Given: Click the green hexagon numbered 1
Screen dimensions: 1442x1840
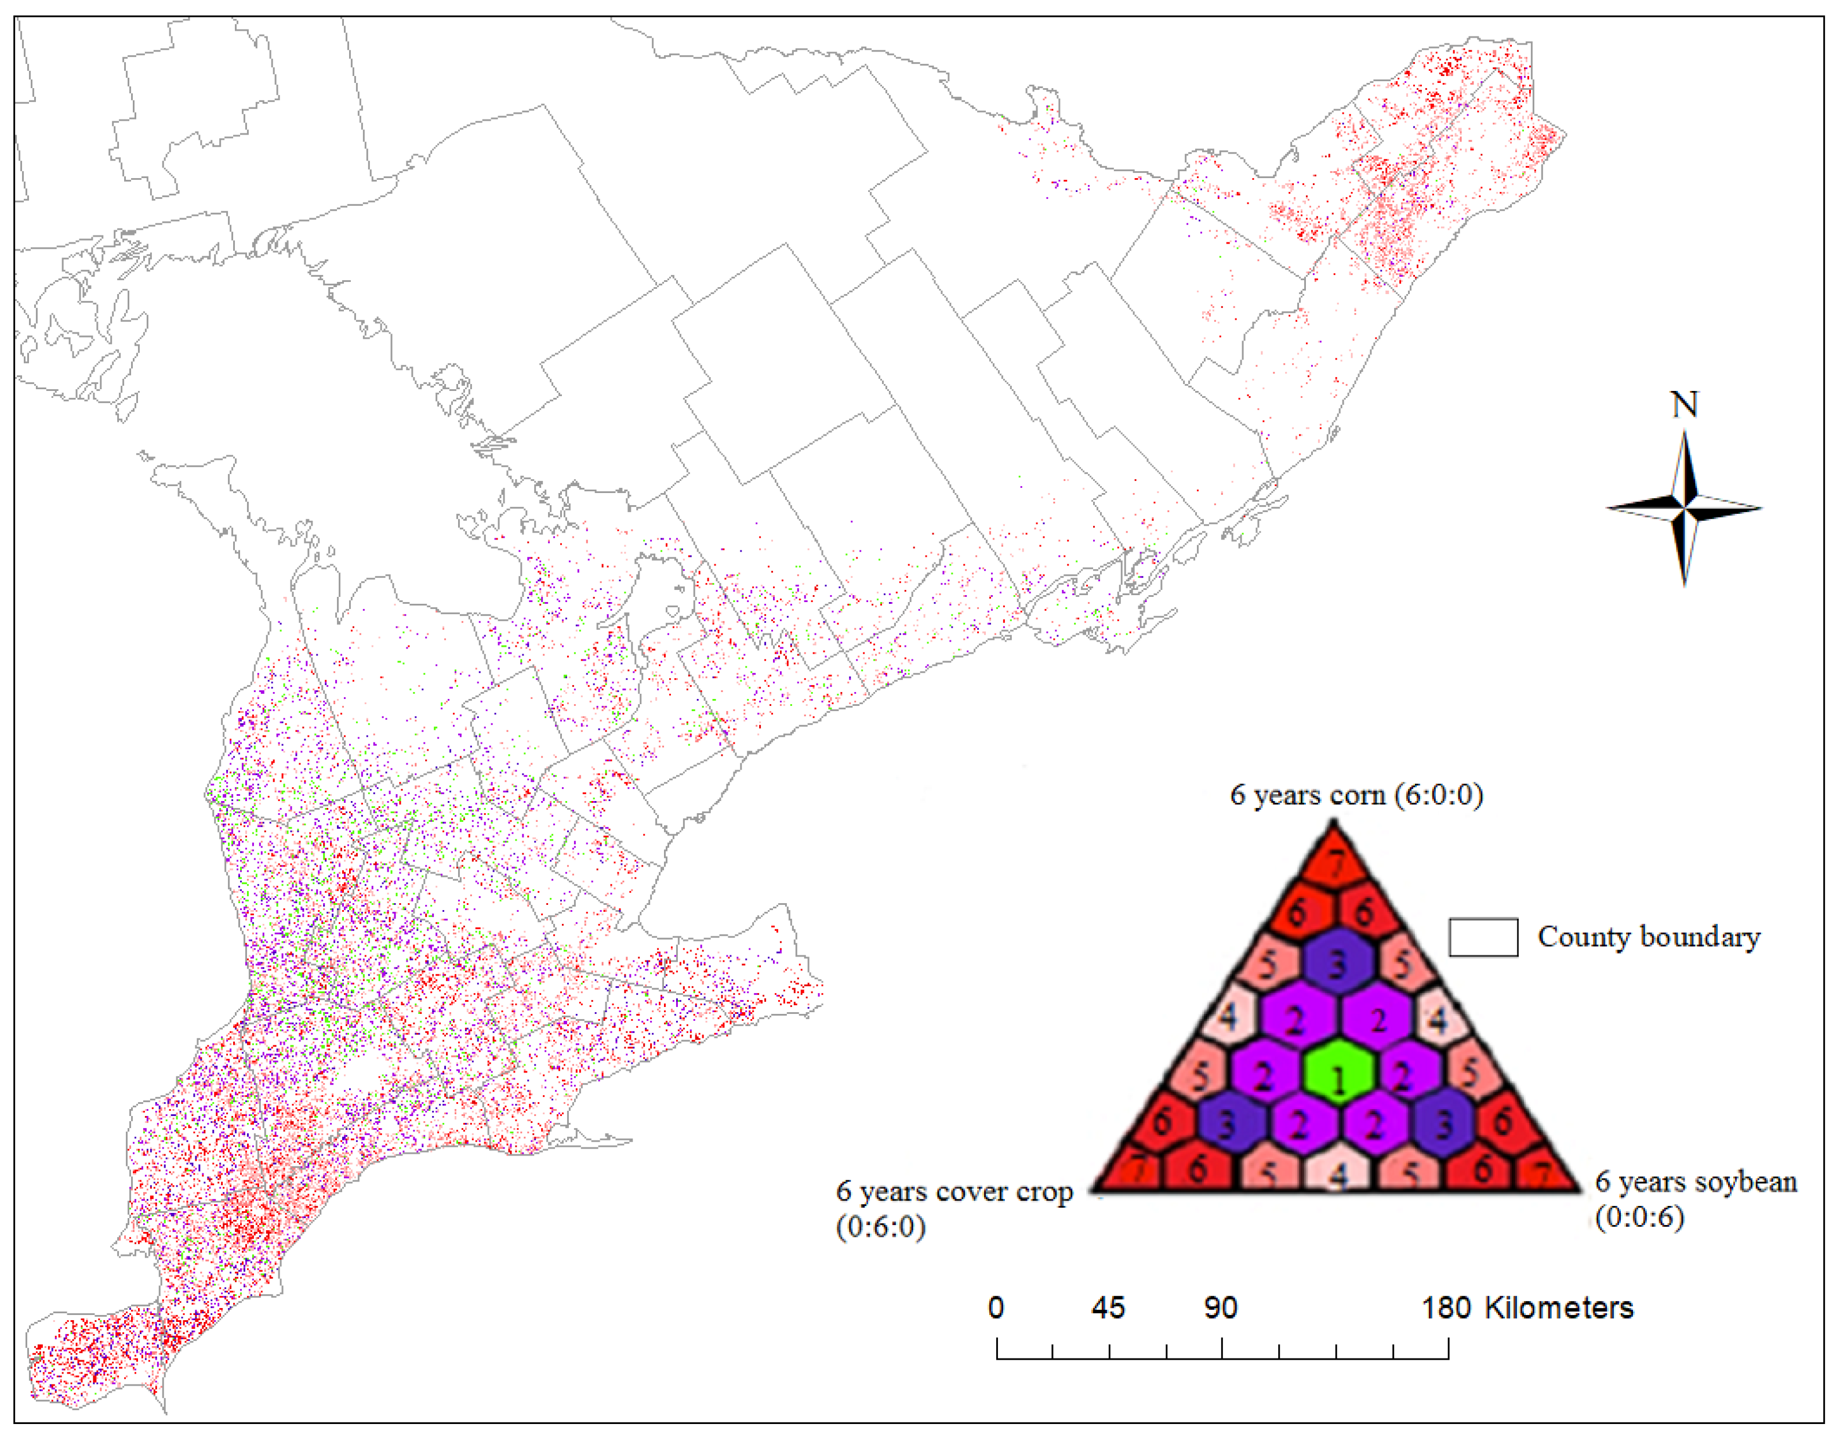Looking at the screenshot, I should pyautogui.click(x=1338, y=1075).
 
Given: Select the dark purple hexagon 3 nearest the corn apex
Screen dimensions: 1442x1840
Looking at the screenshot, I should pyautogui.click(x=1338, y=962).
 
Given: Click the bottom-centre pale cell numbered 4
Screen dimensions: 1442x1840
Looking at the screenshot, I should pyautogui.click(x=1338, y=1172).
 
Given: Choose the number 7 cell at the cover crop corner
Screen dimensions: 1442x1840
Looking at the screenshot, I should pyautogui.click(x=1135, y=1170).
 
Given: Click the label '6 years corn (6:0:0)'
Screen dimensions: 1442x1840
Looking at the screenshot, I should pyautogui.click(x=1356, y=795).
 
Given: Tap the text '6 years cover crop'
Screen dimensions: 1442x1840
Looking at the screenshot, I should pyautogui.click(x=954, y=1191).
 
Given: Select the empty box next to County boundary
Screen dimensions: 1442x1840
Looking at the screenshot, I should pyautogui.click(x=1483, y=937).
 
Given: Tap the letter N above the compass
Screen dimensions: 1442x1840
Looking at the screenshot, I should pyautogui.click(x=1684, y=405).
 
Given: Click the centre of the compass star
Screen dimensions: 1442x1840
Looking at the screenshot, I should pyautogui.click(x=1684, y=508).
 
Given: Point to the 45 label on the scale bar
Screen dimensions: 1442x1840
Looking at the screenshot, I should pyautogui.click(x=1108, y=1308).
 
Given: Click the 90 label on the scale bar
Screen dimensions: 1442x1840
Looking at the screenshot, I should pyautogui.click(x=1221, y=1308).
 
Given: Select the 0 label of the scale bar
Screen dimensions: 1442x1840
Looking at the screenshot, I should pyautogui.click(x=996, y=1308).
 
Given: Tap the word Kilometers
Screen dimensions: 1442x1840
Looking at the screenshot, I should pyautogui.click(x=1558, y=1308).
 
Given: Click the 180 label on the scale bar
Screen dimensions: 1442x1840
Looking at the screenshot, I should pyautogui.click(x=1446, y=1308).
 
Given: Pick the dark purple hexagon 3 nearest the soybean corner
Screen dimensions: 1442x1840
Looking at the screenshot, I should pyautogui.click(x=1444, y=1124).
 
